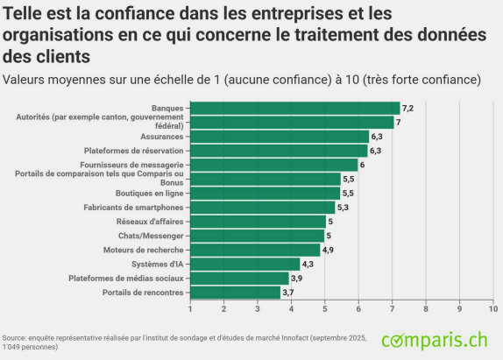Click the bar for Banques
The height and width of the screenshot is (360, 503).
pyautogui.click(x=294, y=109)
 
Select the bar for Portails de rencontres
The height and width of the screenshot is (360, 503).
pyautogui.click(x=235, y=293)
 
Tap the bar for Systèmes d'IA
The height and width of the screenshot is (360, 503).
pyautogui.click(x=245, y=264)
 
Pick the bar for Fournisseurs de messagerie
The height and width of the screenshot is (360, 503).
pyautogui.click(x=273, y=165)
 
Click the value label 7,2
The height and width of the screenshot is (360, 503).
pyautogui.click(x=407, y=109)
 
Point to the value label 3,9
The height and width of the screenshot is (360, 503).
pyautogui.click(x=296, y=279)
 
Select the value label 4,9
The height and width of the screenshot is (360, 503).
pyautogui.click(x=329, y=250)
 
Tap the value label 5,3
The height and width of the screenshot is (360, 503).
pyautogui.click(x=343, y=208)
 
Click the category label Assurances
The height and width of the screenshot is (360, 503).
pyautogui.click(x=162, y=137)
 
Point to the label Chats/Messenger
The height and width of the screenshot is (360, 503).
pyautogui.click(x=151, y=236)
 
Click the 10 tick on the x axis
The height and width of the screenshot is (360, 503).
pyautogui.click(x=492, y=308)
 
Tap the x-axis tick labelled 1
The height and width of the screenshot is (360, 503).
pyautogui.click(x=190, y=308)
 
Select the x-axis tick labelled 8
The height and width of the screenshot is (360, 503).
pyautogui.click(x=426, y=308)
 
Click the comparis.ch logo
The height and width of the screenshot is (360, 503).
pyautogui.click(x=434, y=338)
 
